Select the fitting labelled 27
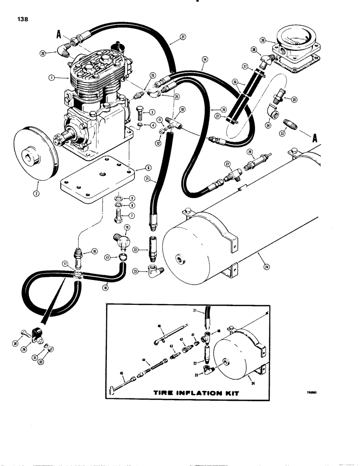click(x=232, y=174)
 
